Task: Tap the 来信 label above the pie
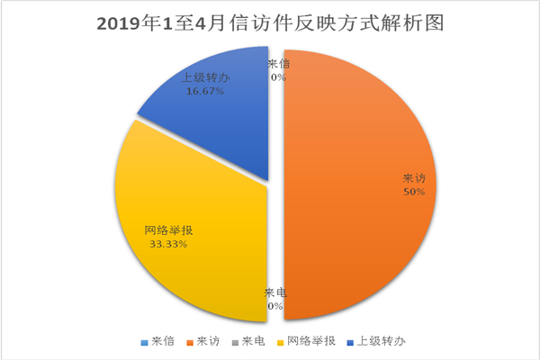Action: [x=279, y=64]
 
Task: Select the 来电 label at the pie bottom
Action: [x=274, y=293]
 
